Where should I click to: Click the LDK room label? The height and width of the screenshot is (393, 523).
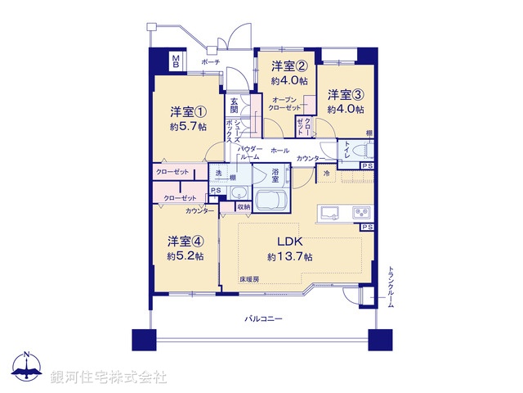(x=289, y=242)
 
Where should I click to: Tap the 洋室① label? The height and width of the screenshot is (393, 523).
(x=187, y=111)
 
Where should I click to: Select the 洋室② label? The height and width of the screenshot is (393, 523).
(x=289, y=67)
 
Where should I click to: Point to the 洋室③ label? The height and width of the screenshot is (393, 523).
(x=346, y=94)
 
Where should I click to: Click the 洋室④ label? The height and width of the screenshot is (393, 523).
(x=186, y=242)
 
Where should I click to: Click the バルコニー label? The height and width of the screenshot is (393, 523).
(x=263, y=318)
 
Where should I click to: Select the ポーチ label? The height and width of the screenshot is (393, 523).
(x=210, y=62)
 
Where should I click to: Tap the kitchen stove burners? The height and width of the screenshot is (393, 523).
(x=361, y=214)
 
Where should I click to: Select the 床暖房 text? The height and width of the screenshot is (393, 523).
(x=249, y=279)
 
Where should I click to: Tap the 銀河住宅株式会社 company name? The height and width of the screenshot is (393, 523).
(x=108, y=377)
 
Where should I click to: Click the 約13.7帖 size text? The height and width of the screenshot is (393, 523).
(x=289, y=257)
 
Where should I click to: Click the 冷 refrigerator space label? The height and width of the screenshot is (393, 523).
(x=327, y=174)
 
